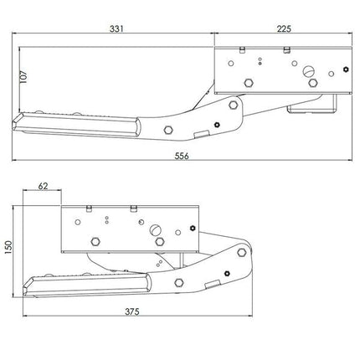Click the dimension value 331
tap(116, 28)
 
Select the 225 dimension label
tap(284, 28)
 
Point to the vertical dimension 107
tap(23, 76)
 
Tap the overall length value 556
tap(182, 156)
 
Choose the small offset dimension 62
tap(43, 186)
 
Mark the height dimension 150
tap(8, 247)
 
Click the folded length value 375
tap(131, 311)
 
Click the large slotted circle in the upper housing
tap(308, 71)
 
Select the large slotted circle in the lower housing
tap(156, 230)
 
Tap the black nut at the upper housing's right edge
tap(346, 69)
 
